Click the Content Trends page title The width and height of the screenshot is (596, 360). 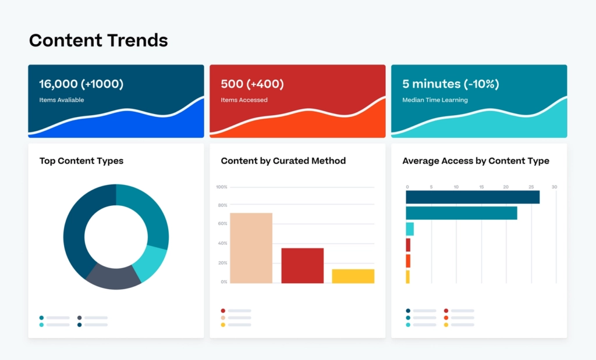click(98, 40)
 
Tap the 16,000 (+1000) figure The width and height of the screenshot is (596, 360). click(81, 84)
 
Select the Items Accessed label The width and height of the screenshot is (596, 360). click(244, 100)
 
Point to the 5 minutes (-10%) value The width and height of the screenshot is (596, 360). click(450, 84)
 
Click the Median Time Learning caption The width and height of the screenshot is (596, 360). click(435, 100)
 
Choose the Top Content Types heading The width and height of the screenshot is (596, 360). click(81, 161)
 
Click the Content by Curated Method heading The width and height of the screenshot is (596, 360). click(283, 161)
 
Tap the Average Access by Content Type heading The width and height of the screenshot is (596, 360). click(476, 161)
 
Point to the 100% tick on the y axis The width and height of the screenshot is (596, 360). click(221, 187)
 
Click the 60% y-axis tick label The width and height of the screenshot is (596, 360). click(222, 224)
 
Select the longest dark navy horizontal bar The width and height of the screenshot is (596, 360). click(472, 197)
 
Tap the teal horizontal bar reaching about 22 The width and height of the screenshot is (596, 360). click(461, 213)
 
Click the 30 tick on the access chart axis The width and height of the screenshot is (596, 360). click(554, 187)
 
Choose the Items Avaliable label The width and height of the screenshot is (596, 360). click(62, 100)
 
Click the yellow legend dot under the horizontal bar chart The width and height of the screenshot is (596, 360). click(446, 325)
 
